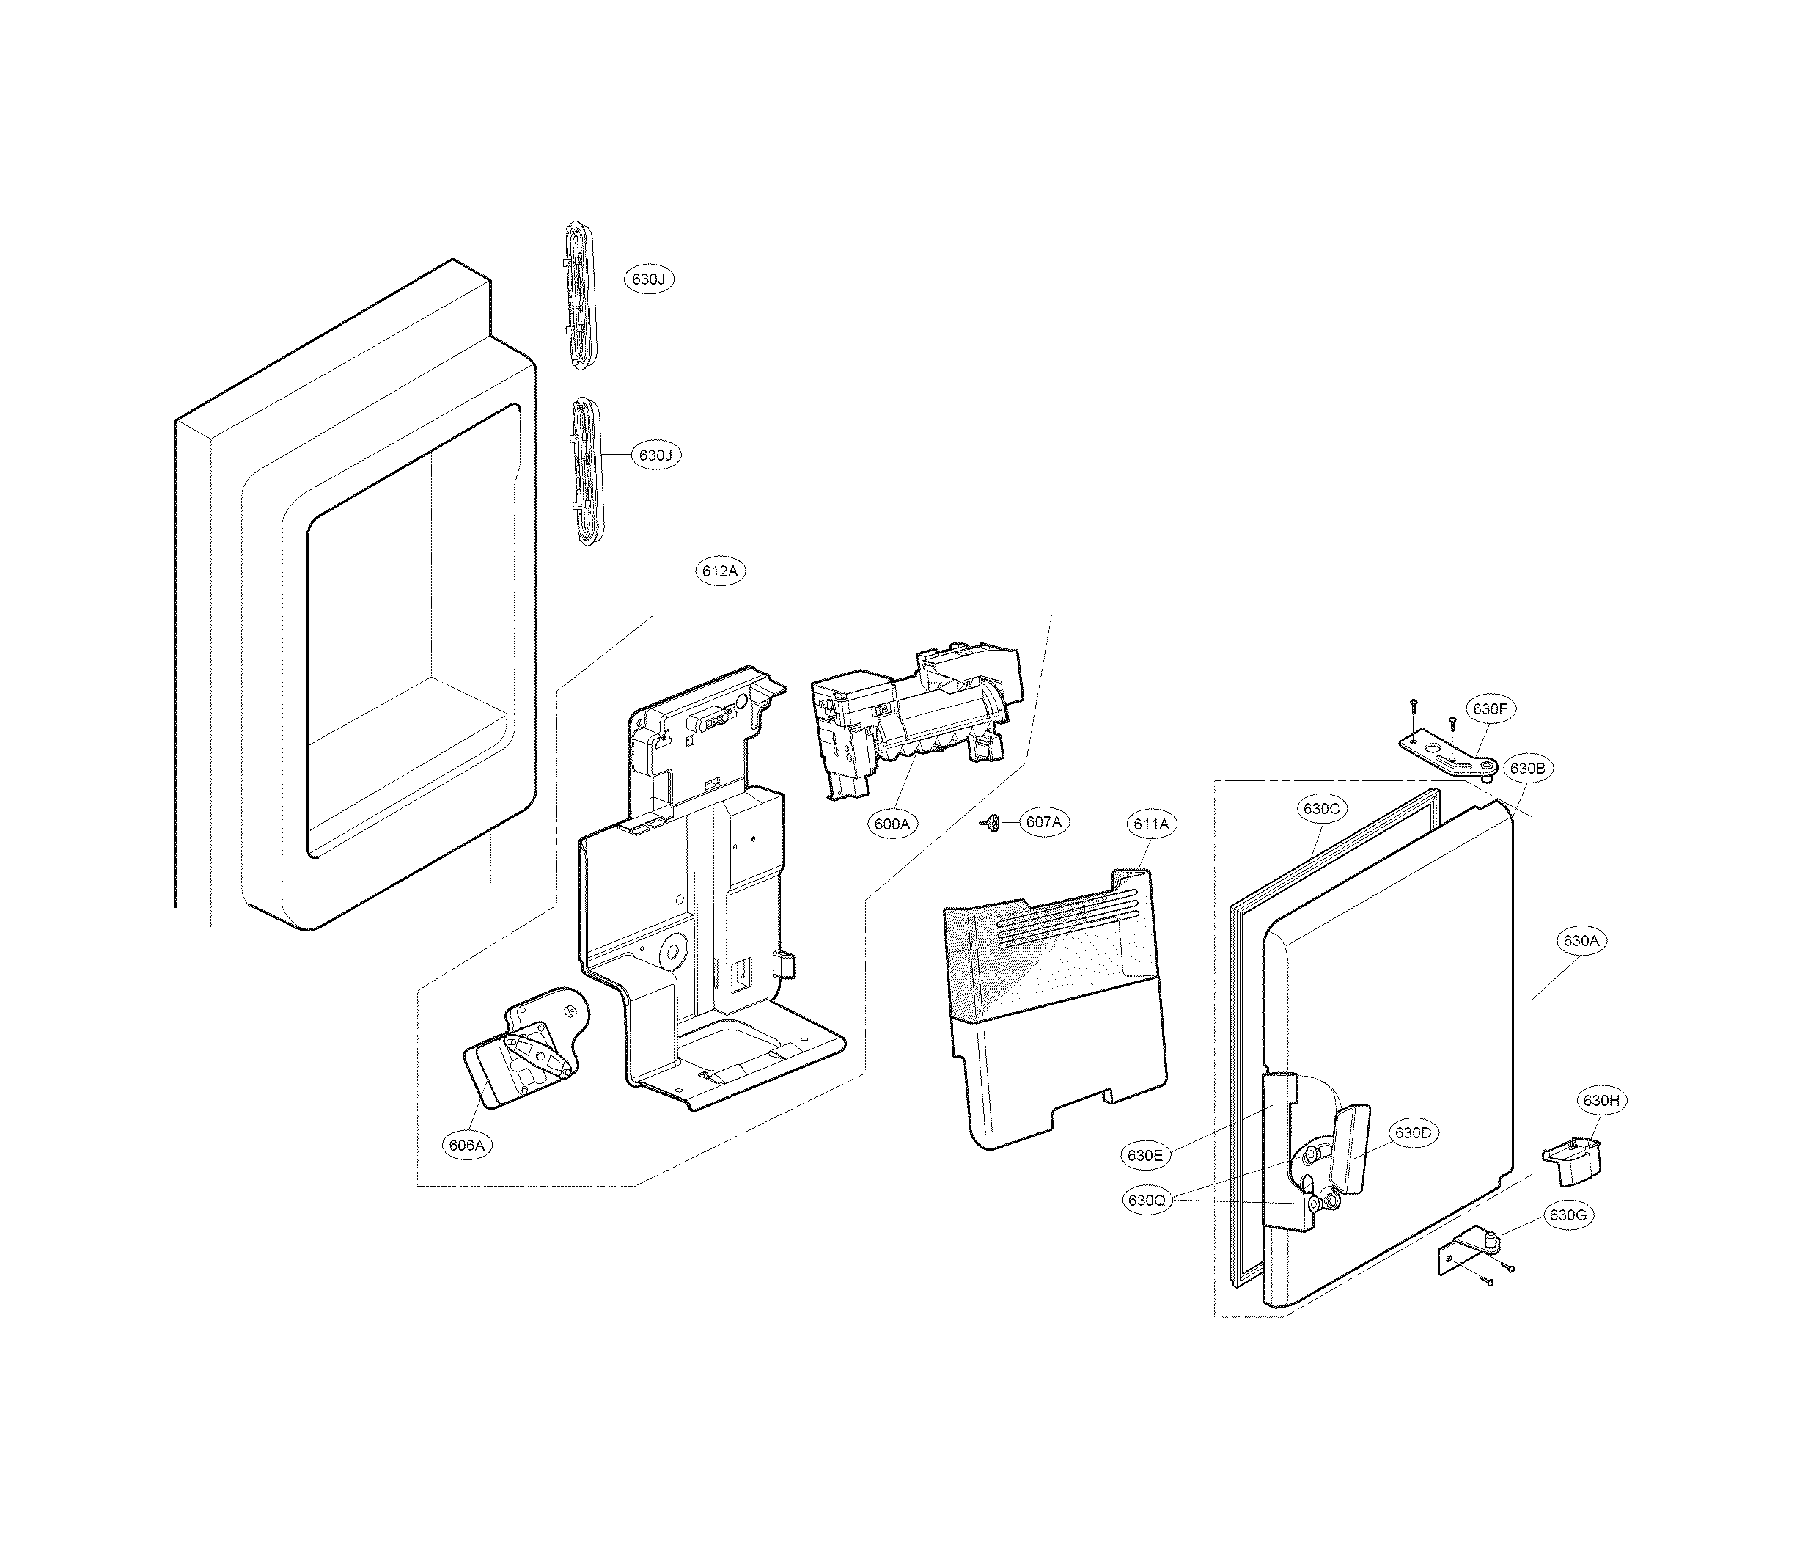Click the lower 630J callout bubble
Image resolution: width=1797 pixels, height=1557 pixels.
click(655, 455)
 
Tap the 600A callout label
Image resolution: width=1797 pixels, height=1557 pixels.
click(892, 824)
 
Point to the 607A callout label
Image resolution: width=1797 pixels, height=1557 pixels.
click(1043, 822)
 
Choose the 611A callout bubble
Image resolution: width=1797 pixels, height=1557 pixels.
click(1152, 824)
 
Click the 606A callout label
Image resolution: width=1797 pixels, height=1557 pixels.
click(467, 1145)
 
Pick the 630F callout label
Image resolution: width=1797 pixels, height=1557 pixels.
click(1490, 709)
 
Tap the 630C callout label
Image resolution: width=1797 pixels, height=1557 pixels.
click(1322, 809)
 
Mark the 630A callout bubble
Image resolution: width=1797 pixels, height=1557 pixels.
click(1581, 940)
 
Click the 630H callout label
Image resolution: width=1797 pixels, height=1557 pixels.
click(1601, 1101)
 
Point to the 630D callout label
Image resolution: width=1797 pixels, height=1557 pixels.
click(1413, 1133)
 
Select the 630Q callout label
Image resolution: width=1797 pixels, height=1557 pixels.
click(1147, 1201)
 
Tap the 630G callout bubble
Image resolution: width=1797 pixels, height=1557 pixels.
click(1568, 1215)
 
